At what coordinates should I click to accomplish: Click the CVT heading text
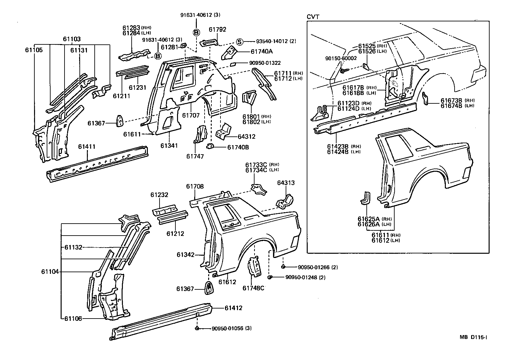pos(313,17)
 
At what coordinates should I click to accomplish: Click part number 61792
pos(217,29)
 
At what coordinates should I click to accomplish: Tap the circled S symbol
pos(239,41)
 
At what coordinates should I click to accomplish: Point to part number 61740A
pos(262,51)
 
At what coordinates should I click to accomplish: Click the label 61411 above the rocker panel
pos(87,147)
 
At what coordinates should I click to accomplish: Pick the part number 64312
pos(246,136)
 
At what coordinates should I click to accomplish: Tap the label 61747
pos(195,157)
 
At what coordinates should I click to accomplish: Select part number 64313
pos(286,183)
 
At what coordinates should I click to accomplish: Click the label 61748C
pos(253,288)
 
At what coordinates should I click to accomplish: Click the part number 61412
pos(233,308)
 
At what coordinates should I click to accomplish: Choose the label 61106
pos(73,319)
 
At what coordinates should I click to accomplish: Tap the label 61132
pos(73,247)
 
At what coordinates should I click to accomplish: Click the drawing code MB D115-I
pos(473,337)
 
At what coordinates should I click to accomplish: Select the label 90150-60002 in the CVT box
pos(341,58)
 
